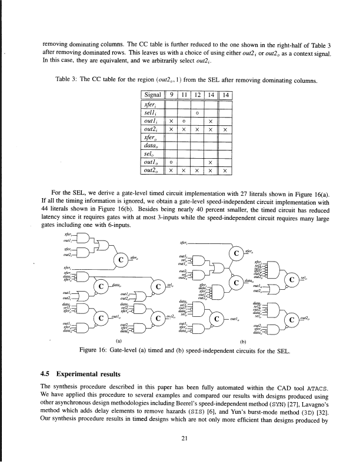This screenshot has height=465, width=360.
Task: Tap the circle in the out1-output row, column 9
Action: (x=171, y=161)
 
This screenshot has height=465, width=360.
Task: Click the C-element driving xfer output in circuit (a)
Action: (x=121, y=259)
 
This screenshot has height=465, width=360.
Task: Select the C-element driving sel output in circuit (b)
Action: (x=292, y=279)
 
